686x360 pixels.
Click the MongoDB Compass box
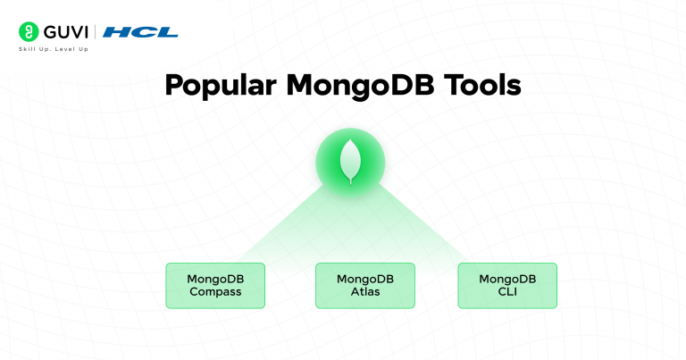pyautogui.click(x=215, y=286)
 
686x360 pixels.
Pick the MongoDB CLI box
pyautogui.click(x=506, y=286)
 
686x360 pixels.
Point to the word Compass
pyautogui.click(x=215, y=292)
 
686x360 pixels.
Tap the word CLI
pyautogui.click(x=506, y=292)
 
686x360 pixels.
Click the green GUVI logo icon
pyautogui.click(x=29, y=32)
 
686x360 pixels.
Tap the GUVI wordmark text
pyautogui.click(x=65, y=32)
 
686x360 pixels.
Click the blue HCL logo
pyautogui.click(x=140, y=32)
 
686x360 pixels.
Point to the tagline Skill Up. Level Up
pyautogui.click(x=54, y=49)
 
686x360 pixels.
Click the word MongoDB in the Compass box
pyautogui.click(x=215, y=279)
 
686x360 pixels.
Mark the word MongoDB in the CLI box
pyautogui.click(x=506, y=279)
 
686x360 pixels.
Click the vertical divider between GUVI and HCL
pyautogui.click(x=96, y=32)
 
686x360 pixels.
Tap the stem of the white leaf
pyautogui.click(x=350, y=181)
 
